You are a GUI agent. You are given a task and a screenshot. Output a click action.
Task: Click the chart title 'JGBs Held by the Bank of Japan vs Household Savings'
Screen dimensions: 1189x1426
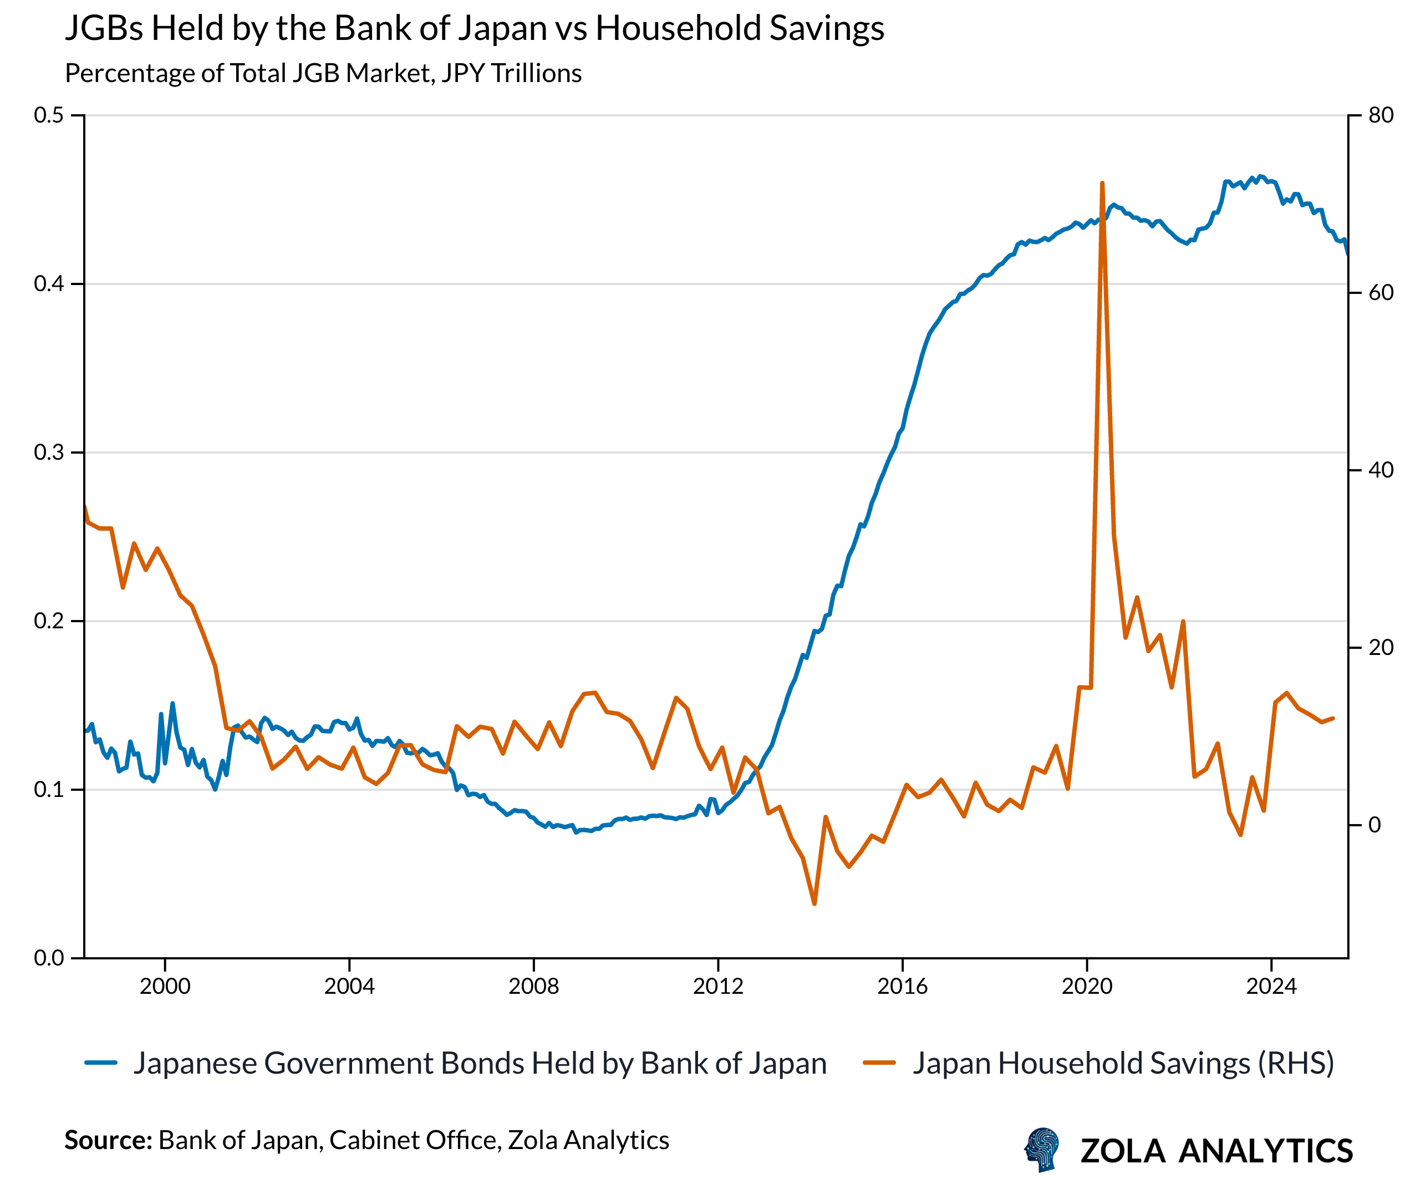pos(474,28)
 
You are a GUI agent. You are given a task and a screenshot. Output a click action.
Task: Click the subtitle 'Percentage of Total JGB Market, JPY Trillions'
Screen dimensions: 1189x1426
pos(323,73)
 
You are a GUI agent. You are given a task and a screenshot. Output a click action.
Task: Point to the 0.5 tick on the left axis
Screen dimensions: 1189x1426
pos(49,115)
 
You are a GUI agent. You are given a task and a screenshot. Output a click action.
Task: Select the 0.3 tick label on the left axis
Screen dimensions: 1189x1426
pos(49,452)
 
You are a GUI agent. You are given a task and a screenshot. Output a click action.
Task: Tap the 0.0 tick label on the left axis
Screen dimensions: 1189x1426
pos(49,958)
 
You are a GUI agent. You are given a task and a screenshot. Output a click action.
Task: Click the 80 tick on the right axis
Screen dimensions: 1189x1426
pos(1381,115)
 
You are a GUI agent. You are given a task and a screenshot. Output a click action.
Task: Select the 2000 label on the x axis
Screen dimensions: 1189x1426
pos(165,987)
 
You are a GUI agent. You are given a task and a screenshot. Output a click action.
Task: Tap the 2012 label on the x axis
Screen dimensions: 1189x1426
pos(718,987)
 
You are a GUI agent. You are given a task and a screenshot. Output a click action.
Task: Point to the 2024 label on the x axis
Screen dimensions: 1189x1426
pos(1271,987)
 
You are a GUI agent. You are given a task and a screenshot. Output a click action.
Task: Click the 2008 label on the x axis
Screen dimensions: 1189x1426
pos(534,987)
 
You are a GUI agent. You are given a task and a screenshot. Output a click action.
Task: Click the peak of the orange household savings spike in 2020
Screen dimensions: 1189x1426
pos(1102,184)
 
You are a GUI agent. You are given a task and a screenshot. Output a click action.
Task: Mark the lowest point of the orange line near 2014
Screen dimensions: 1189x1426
pos(814,904)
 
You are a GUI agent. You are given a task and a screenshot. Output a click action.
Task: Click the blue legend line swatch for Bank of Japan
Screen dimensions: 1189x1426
pos(101,1063)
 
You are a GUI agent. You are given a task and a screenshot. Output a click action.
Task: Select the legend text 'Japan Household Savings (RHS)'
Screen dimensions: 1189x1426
pos(1123,1063)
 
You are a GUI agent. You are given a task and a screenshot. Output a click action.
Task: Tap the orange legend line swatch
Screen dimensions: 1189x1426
pos(879,1063)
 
